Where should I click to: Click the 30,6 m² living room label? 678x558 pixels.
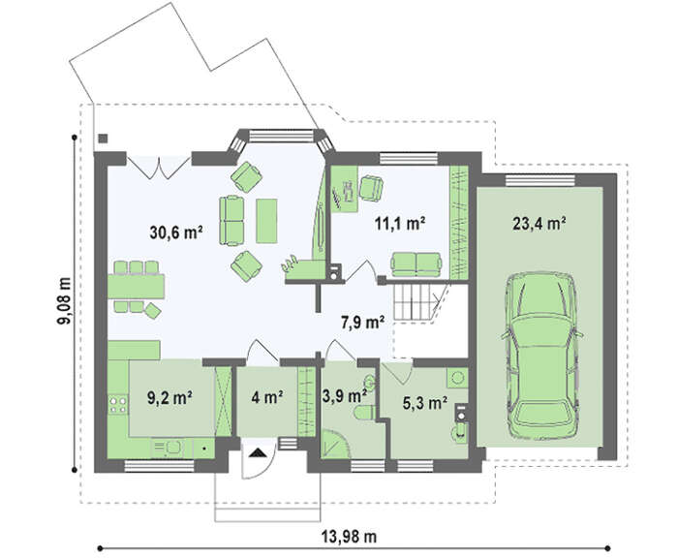tap(176, 232)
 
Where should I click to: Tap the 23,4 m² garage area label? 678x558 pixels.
tap(539, 224)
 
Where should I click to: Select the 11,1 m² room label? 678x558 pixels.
tap(400, 224)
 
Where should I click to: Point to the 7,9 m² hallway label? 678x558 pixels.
tap(363, 323)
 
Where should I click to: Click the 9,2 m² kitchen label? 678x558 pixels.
tap(169, 398)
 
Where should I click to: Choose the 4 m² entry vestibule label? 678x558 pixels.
tap(267, 397)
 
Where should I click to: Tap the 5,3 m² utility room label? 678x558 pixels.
tap(425, 403)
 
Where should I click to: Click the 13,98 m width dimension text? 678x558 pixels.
tap(349, 537)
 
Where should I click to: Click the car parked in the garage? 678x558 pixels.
tap(542, 356)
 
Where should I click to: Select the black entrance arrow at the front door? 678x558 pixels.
tap(259, 452)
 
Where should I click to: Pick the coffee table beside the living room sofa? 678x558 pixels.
tap(266, 221)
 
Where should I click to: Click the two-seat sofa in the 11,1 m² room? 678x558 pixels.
tap(416, 264)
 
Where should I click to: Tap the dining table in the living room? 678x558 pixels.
tap(136, 287)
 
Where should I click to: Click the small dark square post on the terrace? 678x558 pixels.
tap(103, 139)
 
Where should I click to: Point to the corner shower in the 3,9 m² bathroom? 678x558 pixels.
tap(334, 444)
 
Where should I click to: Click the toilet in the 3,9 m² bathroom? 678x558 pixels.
tap(364, 413)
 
